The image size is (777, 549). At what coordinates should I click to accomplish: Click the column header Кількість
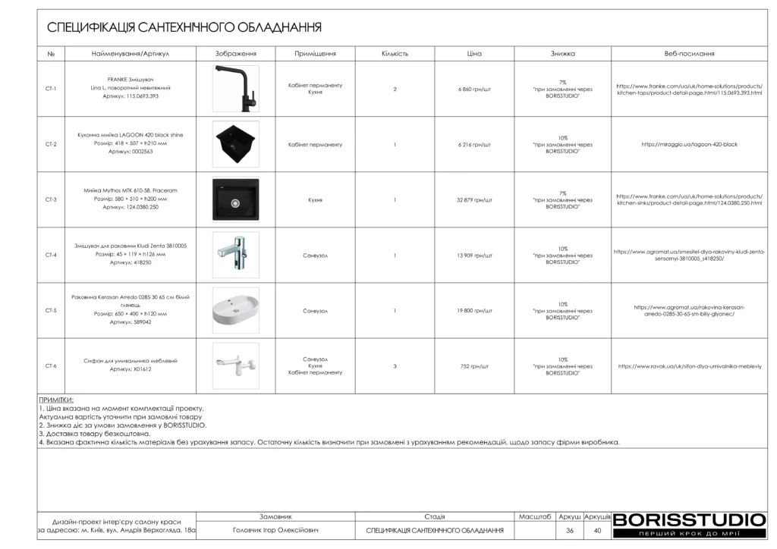pos(395,54)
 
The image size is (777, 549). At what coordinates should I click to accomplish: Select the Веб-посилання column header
pos(689,54)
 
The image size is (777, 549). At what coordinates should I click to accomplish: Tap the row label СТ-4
pos(51,256)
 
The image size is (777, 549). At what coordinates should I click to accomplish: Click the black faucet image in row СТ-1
pos(235,89)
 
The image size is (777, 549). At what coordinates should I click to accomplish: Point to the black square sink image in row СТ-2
pos(235,144)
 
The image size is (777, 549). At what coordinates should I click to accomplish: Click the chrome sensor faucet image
pos(235,256)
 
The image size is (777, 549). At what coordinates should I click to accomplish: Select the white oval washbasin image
pos(235,311)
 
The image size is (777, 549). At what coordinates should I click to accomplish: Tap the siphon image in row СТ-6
pos(235,366)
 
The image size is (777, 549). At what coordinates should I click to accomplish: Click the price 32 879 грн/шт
pos(475,200)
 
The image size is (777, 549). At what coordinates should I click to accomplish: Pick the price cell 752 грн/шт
pos(475,366)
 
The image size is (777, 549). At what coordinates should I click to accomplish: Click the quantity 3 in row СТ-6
pos(395,366)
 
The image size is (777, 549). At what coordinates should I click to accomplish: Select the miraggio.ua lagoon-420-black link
pos(689,144)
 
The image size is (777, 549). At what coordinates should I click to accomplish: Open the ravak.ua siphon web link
pos(689,366)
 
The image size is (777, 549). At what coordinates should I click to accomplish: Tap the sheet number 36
pos(570,531)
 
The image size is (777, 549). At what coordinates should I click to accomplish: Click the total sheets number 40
pos(598,531)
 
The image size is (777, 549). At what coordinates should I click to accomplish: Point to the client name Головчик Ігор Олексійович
pos(275,531)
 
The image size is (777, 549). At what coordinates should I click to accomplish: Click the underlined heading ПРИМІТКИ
pos(56,399)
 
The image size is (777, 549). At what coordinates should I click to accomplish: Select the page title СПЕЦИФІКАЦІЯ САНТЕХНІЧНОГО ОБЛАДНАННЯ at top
pos(184,28)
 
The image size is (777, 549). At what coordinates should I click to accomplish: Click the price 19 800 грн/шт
pos(475,311)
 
